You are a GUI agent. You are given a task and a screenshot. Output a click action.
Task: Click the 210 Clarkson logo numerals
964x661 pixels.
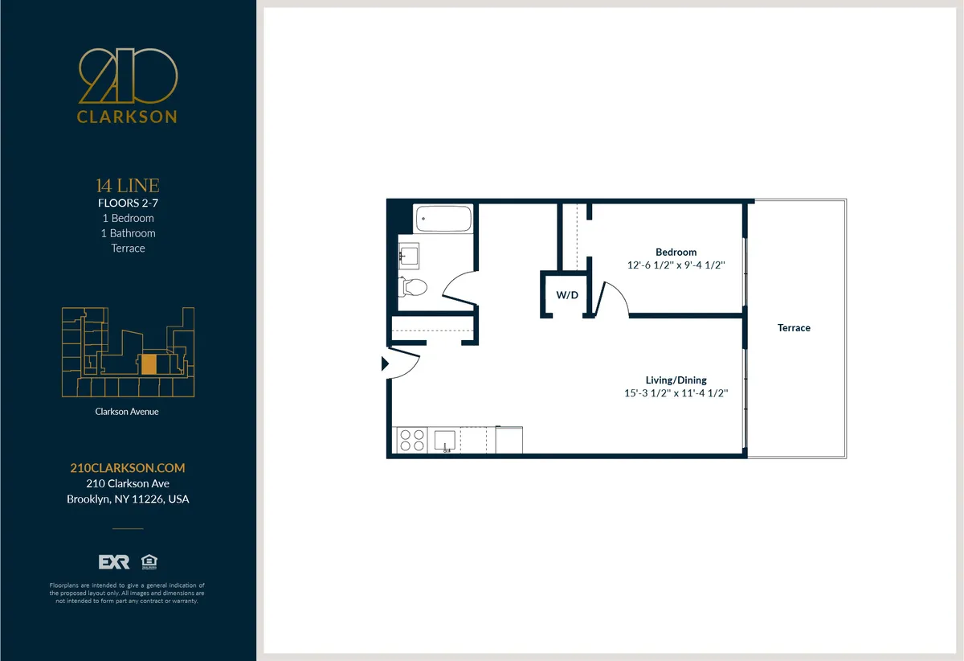128,77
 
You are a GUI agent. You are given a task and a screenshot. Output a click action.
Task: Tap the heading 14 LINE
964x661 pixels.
128,187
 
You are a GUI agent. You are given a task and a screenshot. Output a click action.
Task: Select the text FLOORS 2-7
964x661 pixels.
128,203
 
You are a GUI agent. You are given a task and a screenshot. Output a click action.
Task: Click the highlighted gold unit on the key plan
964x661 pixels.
149,364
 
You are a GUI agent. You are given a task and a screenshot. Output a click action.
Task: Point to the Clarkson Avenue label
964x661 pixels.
128,412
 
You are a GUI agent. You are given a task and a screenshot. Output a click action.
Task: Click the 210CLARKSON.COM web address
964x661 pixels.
128,468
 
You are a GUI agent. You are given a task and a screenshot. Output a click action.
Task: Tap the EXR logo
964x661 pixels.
113,561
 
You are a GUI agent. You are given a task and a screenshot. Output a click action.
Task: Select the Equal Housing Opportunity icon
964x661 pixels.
148,561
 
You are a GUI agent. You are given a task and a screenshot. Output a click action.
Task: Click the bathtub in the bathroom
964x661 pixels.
443,219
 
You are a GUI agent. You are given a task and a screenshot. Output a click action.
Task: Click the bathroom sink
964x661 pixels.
408,257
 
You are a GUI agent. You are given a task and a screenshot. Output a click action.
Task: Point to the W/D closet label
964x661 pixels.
567,295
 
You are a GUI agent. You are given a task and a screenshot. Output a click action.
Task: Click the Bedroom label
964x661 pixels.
676,252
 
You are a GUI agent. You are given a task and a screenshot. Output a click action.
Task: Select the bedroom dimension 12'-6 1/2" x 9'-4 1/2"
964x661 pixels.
676,265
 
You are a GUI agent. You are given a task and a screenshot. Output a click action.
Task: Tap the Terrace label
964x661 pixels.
794,328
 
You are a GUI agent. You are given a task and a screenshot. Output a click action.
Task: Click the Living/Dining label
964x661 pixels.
676,380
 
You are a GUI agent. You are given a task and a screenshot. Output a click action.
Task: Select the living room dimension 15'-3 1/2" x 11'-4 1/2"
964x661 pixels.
676,393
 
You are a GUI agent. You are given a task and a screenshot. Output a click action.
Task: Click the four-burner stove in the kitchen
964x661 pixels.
412,440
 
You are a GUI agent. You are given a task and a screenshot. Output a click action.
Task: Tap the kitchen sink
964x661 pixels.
444,440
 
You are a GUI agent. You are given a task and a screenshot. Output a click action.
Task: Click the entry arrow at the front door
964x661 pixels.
384,363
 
